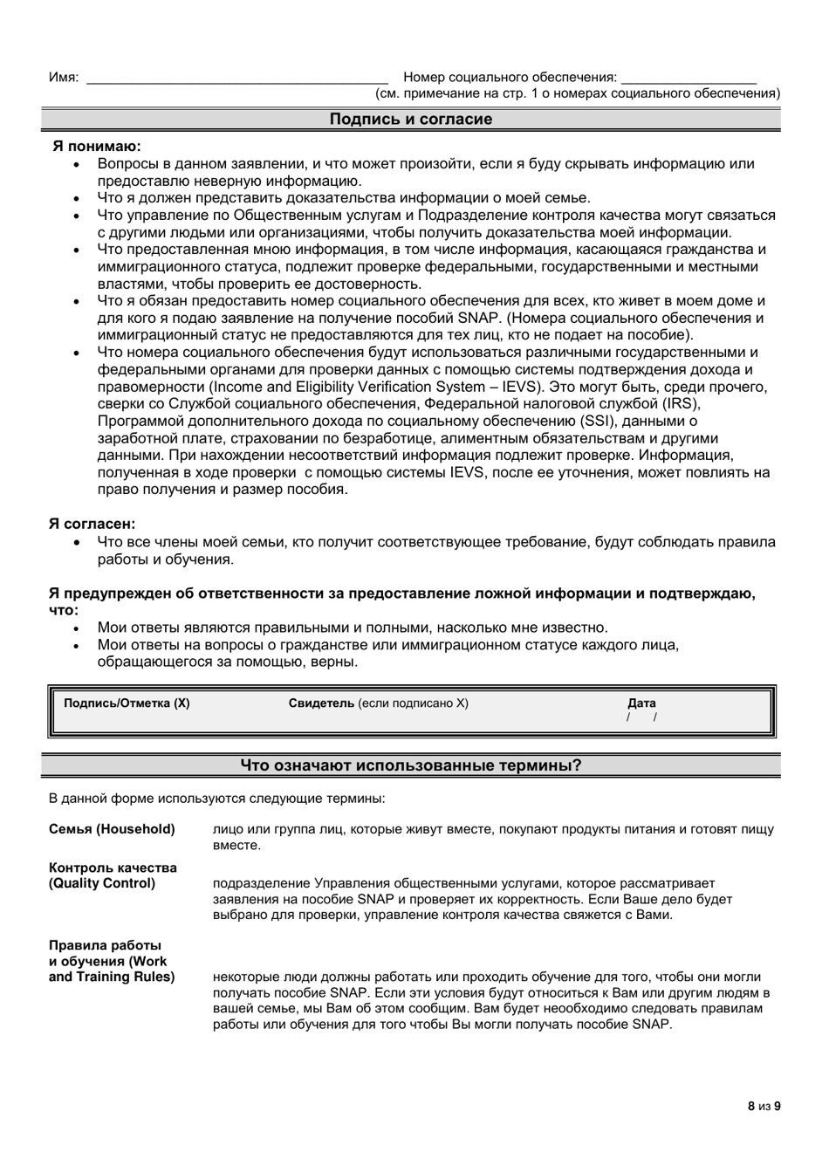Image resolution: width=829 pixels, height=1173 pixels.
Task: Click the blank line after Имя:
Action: click(x=236, y=79)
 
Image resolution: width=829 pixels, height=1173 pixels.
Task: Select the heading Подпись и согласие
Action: click(x=410, y=120)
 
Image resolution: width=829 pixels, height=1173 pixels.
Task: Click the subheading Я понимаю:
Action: click(x=98, y=147)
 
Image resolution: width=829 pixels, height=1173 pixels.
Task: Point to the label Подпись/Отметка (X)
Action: click(x=127, y=703)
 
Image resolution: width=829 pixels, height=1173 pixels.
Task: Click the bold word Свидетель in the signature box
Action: click(x=321, y=703)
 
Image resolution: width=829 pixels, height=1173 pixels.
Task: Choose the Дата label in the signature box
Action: click(x=641, y=703)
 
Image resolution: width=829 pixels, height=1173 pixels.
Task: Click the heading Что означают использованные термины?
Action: click(x=410, y=765)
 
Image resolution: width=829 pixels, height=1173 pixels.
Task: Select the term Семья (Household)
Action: click(x=112, y=829)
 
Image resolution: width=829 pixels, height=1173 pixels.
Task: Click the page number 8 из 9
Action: click(x=764, y=1106)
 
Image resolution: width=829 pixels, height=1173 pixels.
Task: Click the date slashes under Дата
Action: click(x=641, y=717)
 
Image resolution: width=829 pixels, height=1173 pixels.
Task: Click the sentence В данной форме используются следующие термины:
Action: click(x=216, y=798)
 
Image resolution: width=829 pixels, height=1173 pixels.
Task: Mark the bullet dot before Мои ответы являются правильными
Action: click(x=77, y=628)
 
